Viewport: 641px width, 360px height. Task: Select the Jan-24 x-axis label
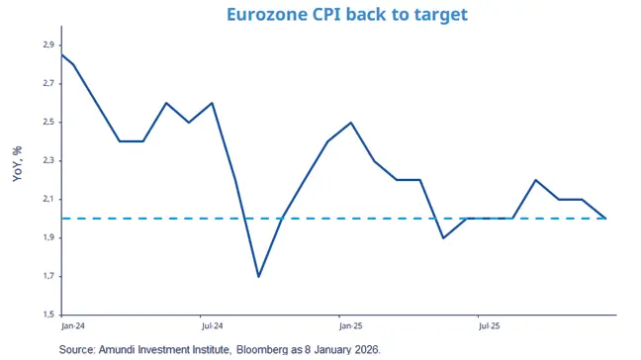click(x=72, y=324)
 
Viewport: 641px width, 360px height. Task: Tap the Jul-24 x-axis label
click(x=210, y=324)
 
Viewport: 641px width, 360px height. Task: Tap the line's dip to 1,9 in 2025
click(x=444, y=237)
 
